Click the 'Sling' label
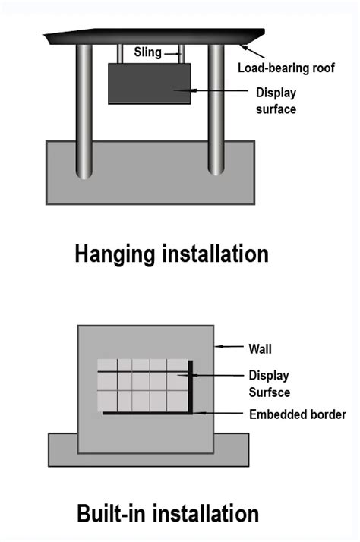coord(147,53)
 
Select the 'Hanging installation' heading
coord(172,253)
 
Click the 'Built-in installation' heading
coord(168,513)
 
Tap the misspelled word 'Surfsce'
coord(270,392)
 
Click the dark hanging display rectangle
coord(149,83)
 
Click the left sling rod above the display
coord(120,53)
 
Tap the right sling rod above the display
coord(182,53)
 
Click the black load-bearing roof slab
coord(152,36)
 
